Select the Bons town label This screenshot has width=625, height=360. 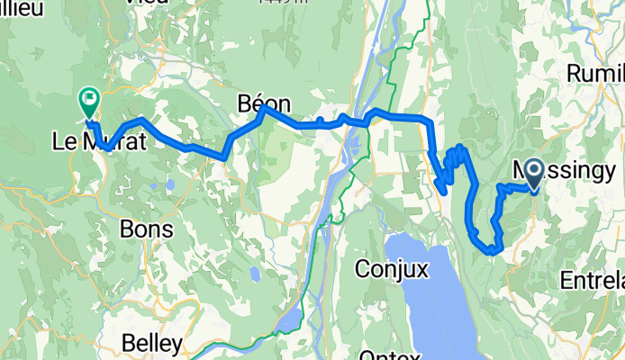146,229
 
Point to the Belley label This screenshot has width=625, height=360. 151,344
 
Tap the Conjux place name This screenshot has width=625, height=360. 388,268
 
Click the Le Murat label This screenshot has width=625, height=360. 95,141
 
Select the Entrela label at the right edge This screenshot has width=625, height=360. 592,281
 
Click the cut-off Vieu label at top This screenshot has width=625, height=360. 148,4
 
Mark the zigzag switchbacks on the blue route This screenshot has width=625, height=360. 453,166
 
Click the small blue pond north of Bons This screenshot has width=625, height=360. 168,186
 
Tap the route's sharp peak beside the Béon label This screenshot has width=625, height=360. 262,112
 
